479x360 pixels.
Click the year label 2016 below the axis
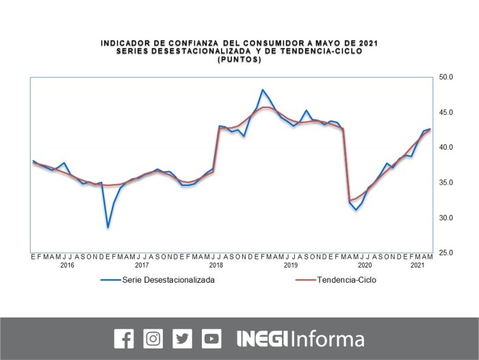click(67, 265)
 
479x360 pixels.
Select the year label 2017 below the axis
click(142, 265)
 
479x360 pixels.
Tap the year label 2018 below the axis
click(216, 265)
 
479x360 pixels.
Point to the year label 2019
click(291, 265)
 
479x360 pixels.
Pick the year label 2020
click(365, 265)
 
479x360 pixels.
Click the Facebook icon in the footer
click(124, 338)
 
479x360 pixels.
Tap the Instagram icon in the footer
click(153, 338)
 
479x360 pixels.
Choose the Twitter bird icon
click(182, 338)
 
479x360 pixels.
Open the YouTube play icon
click(211, 338)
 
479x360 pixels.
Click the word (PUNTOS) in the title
click(239, 60)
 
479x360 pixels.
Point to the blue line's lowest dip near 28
click(107, 227)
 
